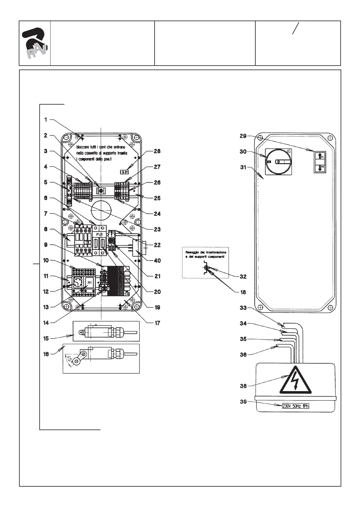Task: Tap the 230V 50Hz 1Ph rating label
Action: coord(296,406)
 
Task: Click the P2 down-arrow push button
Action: coord(320,168)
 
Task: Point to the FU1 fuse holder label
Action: coord(100,235)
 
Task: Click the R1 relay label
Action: coord(90,282)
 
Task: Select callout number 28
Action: coord(157,151)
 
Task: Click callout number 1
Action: coord(46,120)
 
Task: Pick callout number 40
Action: coord(157,261)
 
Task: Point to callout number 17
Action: coord(157,323)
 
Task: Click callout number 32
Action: coord(243,276)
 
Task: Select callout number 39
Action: coord(243,402)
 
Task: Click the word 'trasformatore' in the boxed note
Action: coord(216,252)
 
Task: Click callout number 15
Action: coord(46,339)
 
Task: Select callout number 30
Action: coord(243,151)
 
